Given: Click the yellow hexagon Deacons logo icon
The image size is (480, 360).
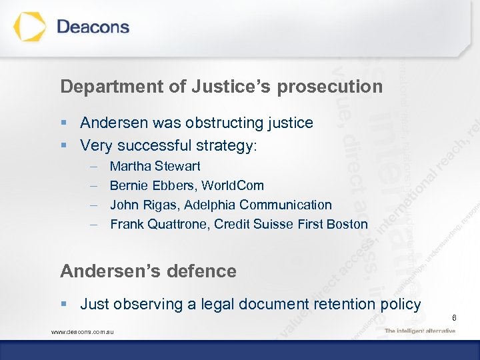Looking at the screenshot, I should [x=31, y=27].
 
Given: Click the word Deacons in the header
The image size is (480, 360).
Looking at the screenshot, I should [x=93, y=27].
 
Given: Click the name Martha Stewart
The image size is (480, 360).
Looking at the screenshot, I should [x=155, y=166].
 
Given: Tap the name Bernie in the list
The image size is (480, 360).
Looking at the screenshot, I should [x=129, y=185].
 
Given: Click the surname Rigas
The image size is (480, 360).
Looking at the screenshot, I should [x=160, y=205].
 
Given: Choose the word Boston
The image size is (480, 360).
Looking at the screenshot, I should [x=347, y=224].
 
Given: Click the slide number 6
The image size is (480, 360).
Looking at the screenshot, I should [x=453, y=318].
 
